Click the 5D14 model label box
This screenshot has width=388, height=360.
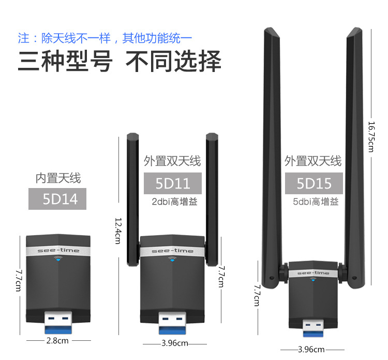tap(57, 199)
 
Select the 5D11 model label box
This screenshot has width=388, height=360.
tap(173, 183)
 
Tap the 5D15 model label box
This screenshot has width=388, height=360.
tap(314, 183)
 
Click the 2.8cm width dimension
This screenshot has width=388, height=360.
tap(57, 341)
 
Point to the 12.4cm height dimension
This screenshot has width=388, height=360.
tap(118, 231)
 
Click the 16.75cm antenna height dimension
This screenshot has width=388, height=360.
tap(371, 137)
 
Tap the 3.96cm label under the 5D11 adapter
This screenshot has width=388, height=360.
tap(175, 343)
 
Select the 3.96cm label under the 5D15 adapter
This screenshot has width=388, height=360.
tap(311, 350)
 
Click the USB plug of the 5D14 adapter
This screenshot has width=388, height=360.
tap(58, 322)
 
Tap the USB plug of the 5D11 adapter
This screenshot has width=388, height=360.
tap(172, 323)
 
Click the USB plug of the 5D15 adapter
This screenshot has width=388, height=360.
tap(313, 328)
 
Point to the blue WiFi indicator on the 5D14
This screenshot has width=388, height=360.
tap(58, 258)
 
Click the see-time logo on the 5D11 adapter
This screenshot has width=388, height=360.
tap(172, 251)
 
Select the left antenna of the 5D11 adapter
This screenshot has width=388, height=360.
tap(133, 199)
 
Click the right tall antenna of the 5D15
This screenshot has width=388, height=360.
tap(355, 158)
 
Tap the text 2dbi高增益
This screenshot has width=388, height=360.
tap(175, 201)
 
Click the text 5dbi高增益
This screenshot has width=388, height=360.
tap(316, 201)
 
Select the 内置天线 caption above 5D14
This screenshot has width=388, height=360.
tap(58, 178)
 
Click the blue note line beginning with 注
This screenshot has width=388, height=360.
tap(105, 38)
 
